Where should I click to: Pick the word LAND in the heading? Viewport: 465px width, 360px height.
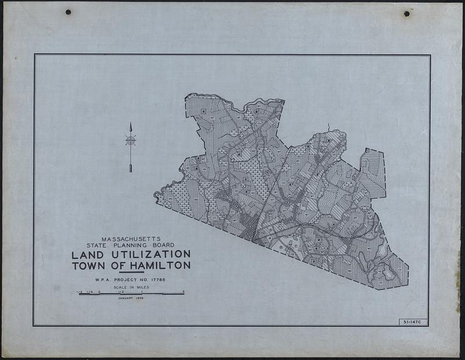(x=87, y=255)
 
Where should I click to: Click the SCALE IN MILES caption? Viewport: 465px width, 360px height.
(x=131, y=287)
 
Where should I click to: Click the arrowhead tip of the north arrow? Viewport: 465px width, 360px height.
(x=131, y=124)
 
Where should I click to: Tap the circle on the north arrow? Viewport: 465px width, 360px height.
(x=131, y=140)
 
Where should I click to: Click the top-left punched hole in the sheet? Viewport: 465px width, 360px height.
(x=68, y=12)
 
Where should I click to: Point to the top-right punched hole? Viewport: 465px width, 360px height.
(x=406, y=13)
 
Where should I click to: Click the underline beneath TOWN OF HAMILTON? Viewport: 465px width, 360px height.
(x=131, y=272)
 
